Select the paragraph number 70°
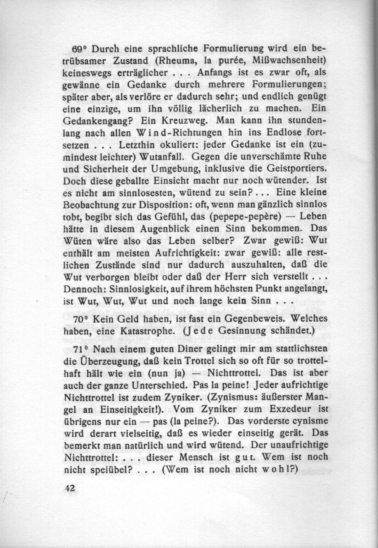tap(81, 319)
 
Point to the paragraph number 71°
tap(81, 349)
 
